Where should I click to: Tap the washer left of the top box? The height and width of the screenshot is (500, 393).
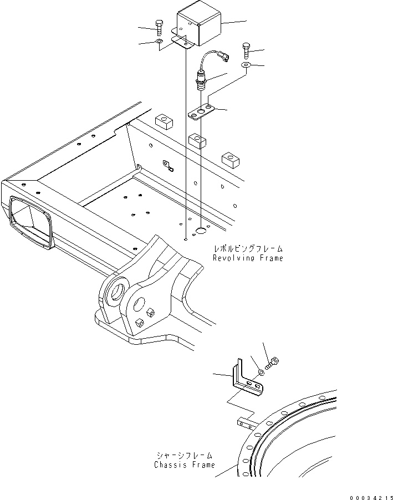pyautogui.click(x=159, y=42)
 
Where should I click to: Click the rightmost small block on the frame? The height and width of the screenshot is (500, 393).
pyautogui.click(x=230, y=159)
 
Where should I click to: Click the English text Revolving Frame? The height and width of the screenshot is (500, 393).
pyautogui.click(x=247, y=258)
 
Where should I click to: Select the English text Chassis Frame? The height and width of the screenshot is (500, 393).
pyautogui.click(x=184, y=465)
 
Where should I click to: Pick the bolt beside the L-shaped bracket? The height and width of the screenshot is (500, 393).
pyautogui.click(x=273, y=364)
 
